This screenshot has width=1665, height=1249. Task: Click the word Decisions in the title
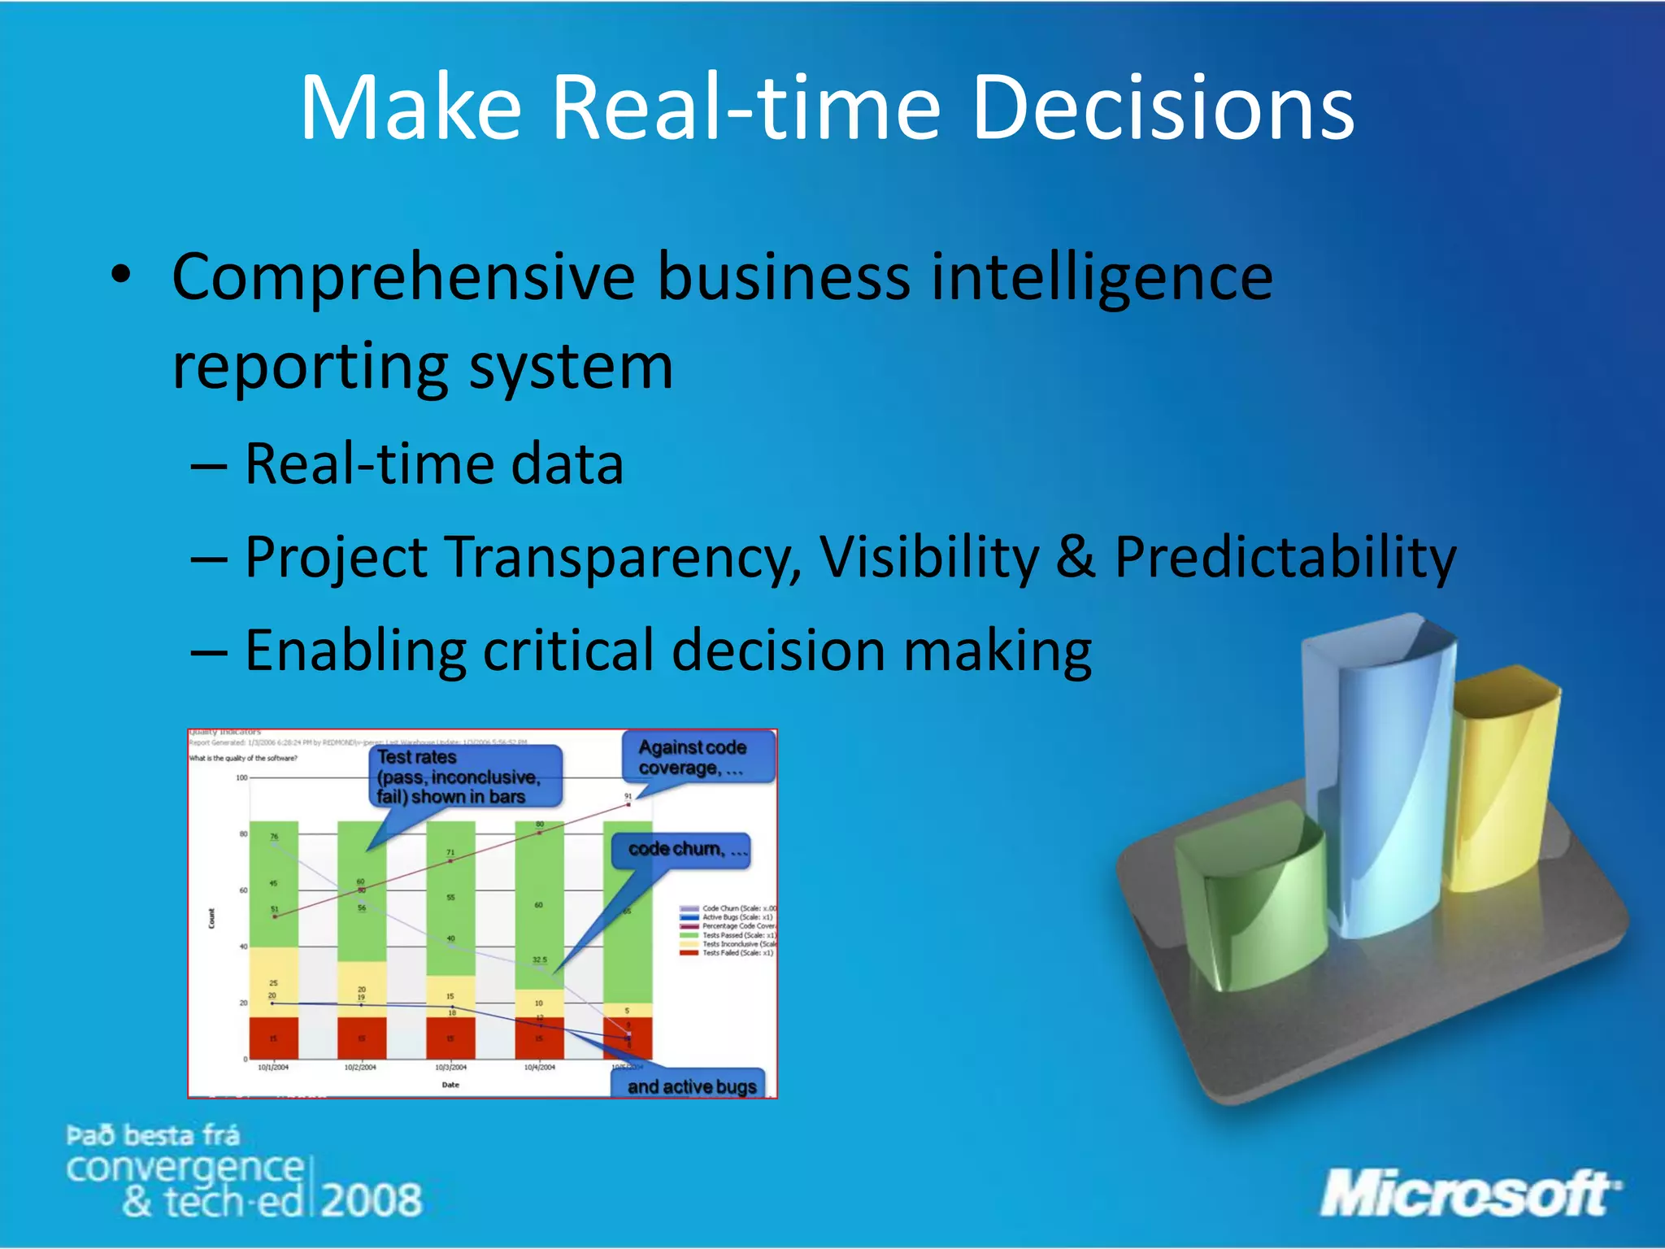pos(1163,108)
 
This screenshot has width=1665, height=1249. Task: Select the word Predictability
pos(1285,558)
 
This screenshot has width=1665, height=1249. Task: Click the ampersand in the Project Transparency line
pos(1076,558)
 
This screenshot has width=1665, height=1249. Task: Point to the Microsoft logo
pos(1468,1194)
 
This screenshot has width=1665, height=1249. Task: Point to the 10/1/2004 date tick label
pos(273,1067)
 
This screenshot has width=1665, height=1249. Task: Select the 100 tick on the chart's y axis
pos(241,778)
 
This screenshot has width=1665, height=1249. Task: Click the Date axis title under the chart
pos(450,1085)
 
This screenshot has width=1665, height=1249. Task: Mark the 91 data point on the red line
pos(628,804)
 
